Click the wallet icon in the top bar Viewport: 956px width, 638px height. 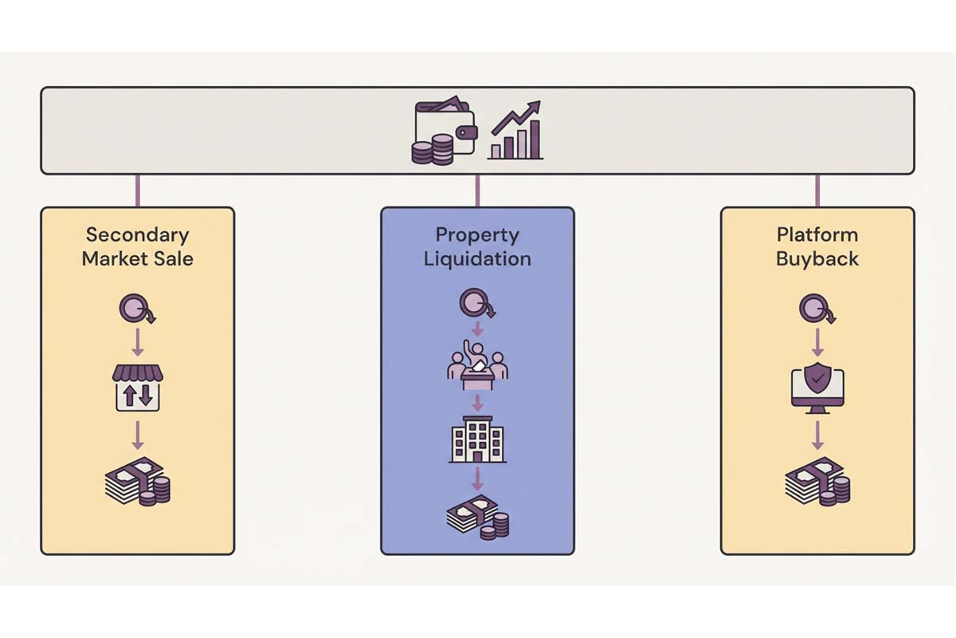point(445,131)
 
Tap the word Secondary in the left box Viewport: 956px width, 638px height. point(138,235)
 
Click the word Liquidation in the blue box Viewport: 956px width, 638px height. point(477,258)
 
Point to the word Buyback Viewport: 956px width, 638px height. point(817,258)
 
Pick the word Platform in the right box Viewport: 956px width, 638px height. point(817,235)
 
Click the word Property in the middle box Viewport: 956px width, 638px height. point(477,235)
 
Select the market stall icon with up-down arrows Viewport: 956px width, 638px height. point(138,388)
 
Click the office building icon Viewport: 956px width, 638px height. point(477,439)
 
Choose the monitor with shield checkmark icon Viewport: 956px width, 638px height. point(817,388)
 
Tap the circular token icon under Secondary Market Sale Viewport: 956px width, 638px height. point(135,308)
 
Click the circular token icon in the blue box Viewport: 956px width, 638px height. point(475,303)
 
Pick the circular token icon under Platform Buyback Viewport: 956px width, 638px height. point(814,308)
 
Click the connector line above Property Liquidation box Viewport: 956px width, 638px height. point(477,191)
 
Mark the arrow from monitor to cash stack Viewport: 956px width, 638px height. point(817,435)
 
